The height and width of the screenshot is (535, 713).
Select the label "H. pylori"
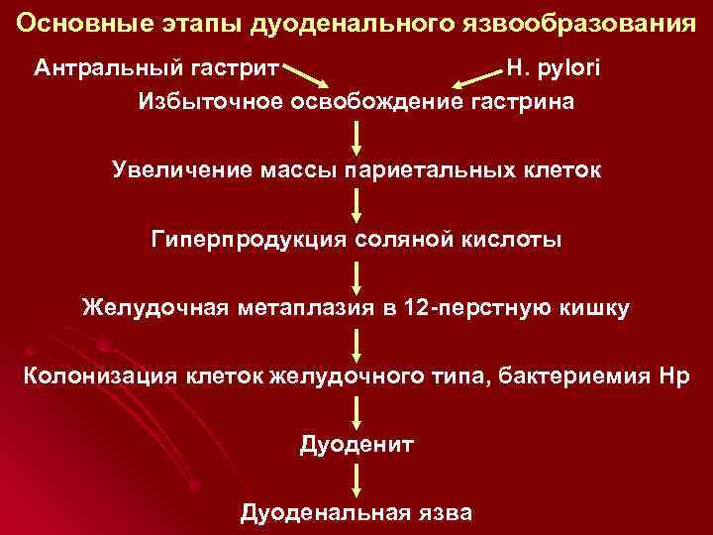click(554, 68)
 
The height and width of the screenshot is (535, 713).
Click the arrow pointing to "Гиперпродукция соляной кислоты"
click(356, 204)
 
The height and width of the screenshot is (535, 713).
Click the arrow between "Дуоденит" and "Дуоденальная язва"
click(356, 479)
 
